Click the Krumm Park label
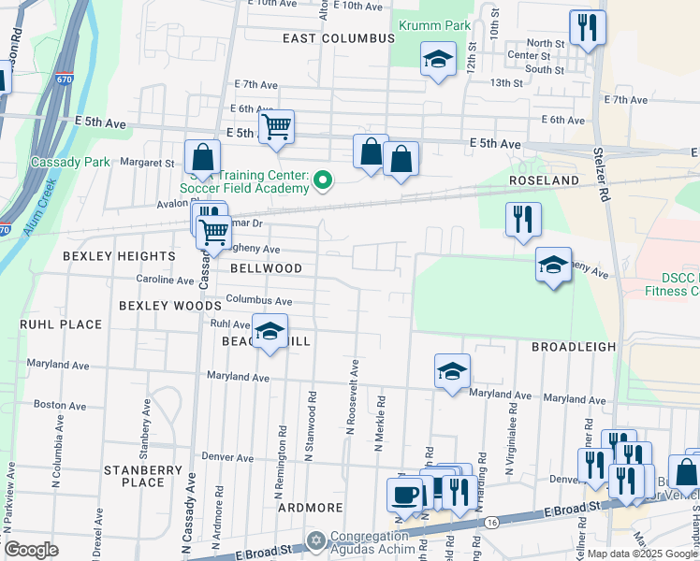click(x=431, y=25)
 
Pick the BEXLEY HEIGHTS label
click(x=119, y=255)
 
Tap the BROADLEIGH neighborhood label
click(x=574, y=346)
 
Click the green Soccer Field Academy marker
click(x=323, y=179)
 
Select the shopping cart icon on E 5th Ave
click(x=276, y=126)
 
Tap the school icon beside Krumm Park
click(x=437, y=61)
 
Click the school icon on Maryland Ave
click(x=452, y=371)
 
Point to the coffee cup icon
click(x=404, y=494)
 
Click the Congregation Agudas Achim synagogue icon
click(x=316, y=541)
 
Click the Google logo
click(x=31, y=549)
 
